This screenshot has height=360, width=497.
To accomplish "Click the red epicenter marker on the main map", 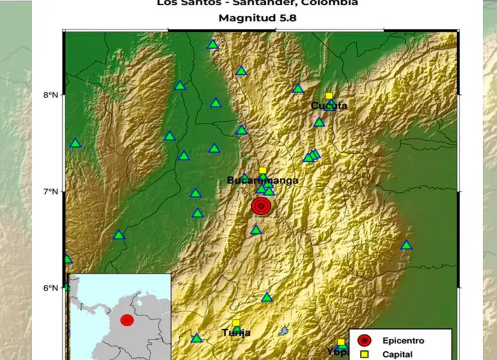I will pyautogui.click(x=261, y=206).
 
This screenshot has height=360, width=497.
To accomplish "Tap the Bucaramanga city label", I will pyautogui.click(x=263, y=181).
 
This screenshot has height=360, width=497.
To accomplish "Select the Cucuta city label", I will pyautogui.click(x=329, y=106).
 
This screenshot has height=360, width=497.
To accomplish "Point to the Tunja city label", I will pyautogui.click(x=236, y=333).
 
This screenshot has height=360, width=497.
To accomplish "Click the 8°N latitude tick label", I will pyautogui.click(x=50, y=96).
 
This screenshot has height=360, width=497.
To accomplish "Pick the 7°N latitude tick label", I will pyautogui.click(x=50, y=192).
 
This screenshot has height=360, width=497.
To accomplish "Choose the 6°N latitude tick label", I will pyautogui.click(x=50, y=288).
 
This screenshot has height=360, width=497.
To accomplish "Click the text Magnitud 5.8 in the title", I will pyautogui.click(x=257, y=18).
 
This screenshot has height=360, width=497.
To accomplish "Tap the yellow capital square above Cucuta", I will pyautogui.click(x=329, y=96).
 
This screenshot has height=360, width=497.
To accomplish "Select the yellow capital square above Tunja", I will pyautogui.click(x=236, y=323).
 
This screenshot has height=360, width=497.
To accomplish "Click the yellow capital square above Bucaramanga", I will pyautogui.click(x=263, y=171).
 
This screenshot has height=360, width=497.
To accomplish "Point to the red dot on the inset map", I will pyautogui.click(x=127, y=320).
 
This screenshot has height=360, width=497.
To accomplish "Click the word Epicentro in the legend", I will pyautogui.click(x=403, y=341).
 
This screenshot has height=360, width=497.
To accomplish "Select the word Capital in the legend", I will pyautogui.click(x=398, y=354).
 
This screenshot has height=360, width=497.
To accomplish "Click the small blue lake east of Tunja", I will pyautogui.click(x=284, y=331).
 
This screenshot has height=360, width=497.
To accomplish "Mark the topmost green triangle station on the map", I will pyautogui.click(x=213, y=45).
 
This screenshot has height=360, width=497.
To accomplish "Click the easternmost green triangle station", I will pyautogui.click(x=407, y=245).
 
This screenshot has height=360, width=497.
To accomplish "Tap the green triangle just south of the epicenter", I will pyautogui.click(x=256, y=230).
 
